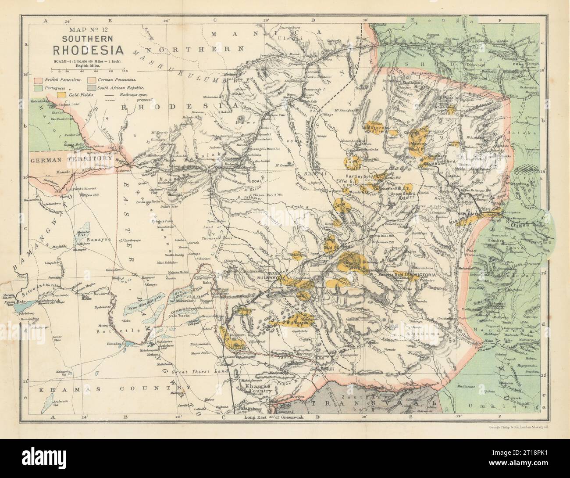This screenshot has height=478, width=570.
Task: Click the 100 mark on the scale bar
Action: click(x=124, y=70)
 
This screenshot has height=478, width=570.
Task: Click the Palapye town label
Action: click(x=240, y=408)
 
